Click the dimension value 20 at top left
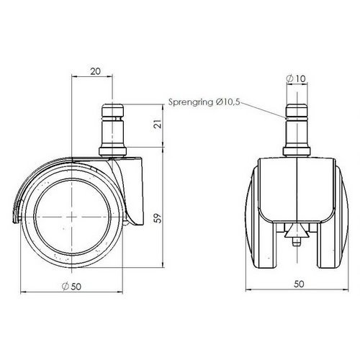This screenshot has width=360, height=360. pos(95,71)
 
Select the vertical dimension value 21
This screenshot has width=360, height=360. pos(158,124)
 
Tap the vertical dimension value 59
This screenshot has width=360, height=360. pos(158,218)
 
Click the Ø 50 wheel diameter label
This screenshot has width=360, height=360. pos(71,286)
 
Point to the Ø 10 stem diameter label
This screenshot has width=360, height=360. pos(296,78)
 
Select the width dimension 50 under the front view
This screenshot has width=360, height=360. pos(299,284)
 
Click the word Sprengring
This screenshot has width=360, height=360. pos(191,102)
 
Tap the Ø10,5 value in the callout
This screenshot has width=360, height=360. pos(228,102)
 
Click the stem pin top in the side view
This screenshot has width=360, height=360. pos(112,110)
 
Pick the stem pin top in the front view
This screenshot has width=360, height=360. pos(296,110)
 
